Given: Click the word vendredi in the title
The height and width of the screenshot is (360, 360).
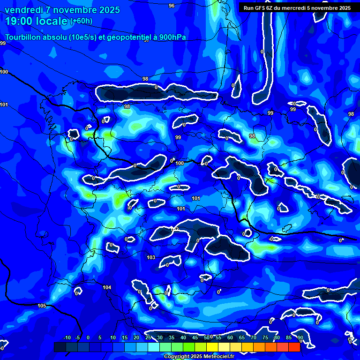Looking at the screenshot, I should click(24, 10).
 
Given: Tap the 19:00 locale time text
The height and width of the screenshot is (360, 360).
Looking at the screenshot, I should click(37, 21).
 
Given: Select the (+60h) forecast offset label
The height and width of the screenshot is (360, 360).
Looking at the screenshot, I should click(81, 21).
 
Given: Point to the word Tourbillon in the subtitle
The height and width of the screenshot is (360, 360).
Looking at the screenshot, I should click(24, 37).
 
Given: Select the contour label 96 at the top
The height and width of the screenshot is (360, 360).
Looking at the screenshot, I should click(171, 6).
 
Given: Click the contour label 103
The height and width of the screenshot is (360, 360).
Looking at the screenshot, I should click(151, 257).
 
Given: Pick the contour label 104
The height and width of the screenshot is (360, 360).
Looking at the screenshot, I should click(107, 287).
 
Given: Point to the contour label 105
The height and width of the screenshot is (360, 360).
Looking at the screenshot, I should click(42, 306).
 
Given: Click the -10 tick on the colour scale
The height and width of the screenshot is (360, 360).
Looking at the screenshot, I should click(67, 337).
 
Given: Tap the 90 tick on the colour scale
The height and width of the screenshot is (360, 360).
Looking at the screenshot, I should click(300, 337).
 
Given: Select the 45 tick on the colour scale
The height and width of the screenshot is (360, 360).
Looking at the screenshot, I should click(195, 337).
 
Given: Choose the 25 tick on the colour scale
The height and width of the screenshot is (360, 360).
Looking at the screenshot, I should click(148, 337).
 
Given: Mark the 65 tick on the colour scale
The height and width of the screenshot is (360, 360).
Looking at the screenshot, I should click(242, 337).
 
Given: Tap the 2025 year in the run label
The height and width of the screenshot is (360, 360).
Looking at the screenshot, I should click(343, 7).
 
